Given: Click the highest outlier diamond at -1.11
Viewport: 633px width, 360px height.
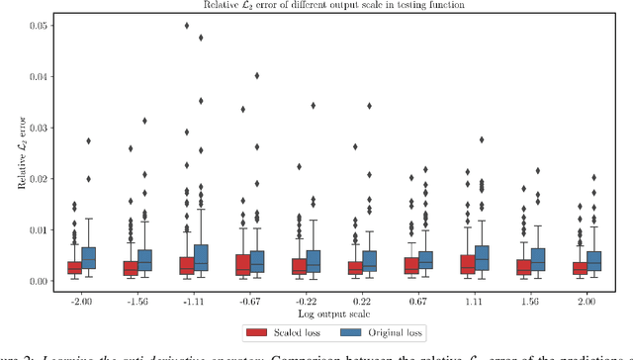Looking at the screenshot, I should click(186, 26).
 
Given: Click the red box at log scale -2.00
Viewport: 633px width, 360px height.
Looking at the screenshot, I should click(74, 267).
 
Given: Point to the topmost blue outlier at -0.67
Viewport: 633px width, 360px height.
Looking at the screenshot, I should click(257, 75).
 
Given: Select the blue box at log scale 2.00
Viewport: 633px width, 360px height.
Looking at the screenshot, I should click(595, 261).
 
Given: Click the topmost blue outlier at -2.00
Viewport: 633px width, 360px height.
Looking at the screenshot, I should click(88, 141).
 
